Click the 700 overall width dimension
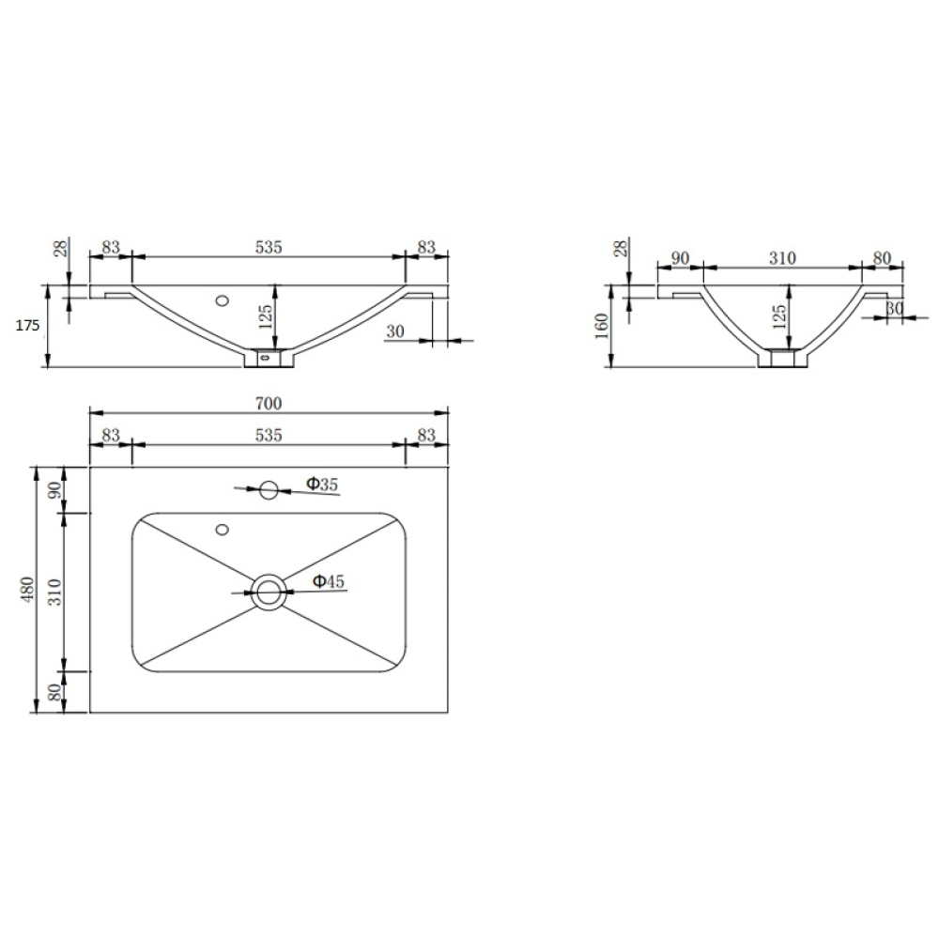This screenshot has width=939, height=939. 269,404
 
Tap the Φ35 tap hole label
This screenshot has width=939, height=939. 322,484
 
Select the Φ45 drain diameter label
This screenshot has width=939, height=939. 329,581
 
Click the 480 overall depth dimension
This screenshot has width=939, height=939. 27,590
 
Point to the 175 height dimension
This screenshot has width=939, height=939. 27,326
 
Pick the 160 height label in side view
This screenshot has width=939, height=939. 602,327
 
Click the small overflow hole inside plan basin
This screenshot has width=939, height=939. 223,530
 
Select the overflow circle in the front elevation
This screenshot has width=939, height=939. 223,300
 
